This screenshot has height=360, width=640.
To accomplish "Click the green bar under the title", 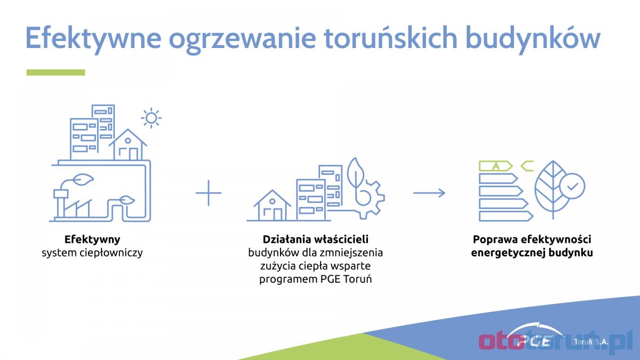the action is [x=55, y=73].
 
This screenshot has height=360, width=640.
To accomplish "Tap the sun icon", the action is [x=151, y=118].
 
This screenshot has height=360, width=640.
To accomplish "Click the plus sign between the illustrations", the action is [x=209, y=193].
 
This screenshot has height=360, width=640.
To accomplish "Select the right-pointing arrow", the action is [x=429, y=193].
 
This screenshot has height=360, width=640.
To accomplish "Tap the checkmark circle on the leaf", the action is [x=572, y=186].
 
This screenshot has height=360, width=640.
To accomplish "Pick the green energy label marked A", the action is [x=495, y=166].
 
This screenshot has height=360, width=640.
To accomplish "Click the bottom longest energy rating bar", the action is [x=506, y=216].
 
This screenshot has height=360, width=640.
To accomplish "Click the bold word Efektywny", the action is [x=92, y=239].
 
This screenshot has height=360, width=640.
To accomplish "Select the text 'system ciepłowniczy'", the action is [x=92, y=253].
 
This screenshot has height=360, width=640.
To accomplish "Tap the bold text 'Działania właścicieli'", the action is [x=315, y=239].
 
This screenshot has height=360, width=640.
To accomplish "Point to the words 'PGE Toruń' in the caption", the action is [x=346, y=279].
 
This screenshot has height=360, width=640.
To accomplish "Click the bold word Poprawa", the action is [x=495, y=239].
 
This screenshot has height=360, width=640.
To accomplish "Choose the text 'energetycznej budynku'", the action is [x=532, y=253].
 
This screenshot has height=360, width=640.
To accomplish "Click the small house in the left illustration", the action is [x=128, y=145].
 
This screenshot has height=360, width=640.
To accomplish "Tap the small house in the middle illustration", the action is [x=273, y=205].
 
